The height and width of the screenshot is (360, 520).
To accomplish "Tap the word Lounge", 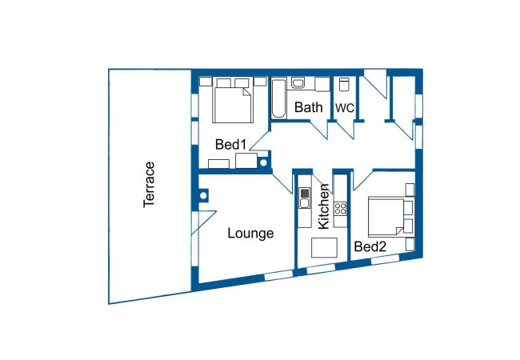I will pyautogui.click(x=250, y=234).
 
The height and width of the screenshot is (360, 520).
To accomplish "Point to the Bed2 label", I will pyautogui.click(x=370, y=247).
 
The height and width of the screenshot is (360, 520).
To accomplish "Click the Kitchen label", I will pyautogui.click(x=324, y=206).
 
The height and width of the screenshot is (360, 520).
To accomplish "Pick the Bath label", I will pyautogui.click(x=308, y=107).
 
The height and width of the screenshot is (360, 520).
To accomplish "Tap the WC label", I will pyautogui.click(x=344, y=108).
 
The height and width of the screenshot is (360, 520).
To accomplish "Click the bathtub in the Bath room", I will pyautogui.click(x=278, y=99).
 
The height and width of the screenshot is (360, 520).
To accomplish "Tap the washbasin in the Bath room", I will pyautogui.click(x=298, y=82).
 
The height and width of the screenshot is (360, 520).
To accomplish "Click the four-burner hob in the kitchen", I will pyautogui.click(x=340, y=210).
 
